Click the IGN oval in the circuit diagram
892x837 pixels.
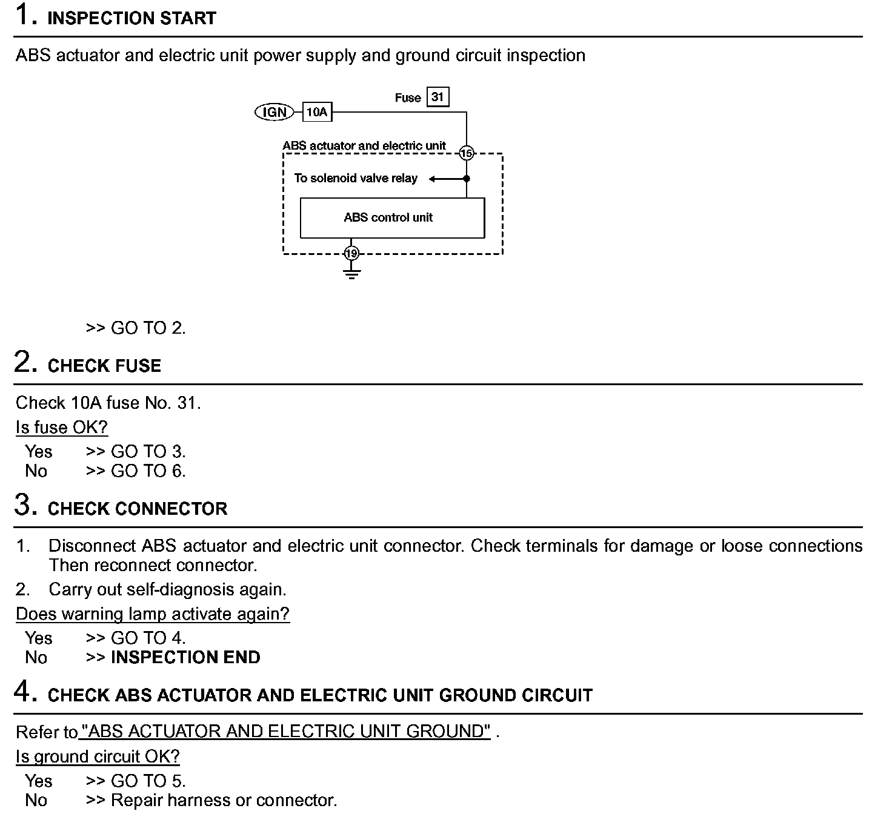(274, 112)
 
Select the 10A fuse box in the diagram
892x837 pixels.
(317, 112)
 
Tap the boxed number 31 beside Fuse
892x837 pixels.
(438, 97)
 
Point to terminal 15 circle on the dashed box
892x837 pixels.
(466, 153)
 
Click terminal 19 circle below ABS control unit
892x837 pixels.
(351, 253)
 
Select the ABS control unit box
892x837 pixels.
(392, 218)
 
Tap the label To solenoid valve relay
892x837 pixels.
(356, 178)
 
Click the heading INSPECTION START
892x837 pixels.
(131, 18)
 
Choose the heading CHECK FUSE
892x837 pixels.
(104, 366)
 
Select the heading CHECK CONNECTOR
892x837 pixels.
(138, 509)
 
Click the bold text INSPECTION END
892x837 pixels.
(185, 657)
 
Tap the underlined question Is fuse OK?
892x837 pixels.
(62, 428)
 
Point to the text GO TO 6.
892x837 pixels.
(148, 471)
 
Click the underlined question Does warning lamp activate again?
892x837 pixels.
(153, 614)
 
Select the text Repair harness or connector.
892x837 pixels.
(224, 800)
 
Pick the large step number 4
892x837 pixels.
(22, 691)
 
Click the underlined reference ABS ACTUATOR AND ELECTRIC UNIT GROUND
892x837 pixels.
(285, 732)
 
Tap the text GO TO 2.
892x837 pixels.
(148, 328)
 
